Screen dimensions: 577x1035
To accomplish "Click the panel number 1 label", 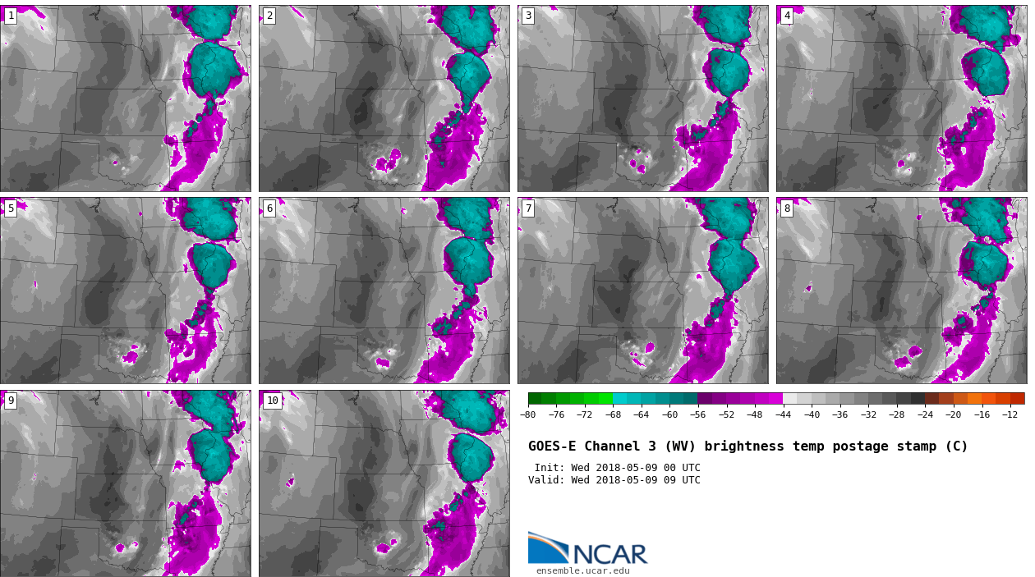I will tap(11, 16).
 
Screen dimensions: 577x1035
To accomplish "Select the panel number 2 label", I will tap(269, 16).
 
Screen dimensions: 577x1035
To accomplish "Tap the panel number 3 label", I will tap(528, 16).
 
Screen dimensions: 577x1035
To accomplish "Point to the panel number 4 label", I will tap(787, 16).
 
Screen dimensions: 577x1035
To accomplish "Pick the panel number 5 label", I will tap(11, 208).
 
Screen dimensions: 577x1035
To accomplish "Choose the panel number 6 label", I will tap(269, 208).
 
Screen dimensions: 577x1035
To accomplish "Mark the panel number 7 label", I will tap(528, 208).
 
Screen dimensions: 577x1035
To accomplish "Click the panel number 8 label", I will tap(787, 208).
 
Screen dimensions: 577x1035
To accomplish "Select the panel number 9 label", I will tap(11, 401).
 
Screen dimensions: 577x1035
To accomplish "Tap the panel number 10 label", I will tap(273, 401).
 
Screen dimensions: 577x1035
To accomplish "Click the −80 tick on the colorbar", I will tap(527, 415).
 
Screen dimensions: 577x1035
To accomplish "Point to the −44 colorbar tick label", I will tap(783, 415).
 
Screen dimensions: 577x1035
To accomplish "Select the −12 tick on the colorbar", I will tap(1010, 415).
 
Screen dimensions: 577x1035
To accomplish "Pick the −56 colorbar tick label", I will tap(697, 415).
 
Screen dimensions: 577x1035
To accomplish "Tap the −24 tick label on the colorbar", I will tap(925, 415).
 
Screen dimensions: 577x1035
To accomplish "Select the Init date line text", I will tap(617, 468).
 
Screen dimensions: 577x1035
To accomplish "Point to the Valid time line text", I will tap(614, 480).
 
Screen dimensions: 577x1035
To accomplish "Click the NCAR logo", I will tap(587, 549).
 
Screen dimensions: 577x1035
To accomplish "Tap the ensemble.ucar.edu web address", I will tap(582, 571).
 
